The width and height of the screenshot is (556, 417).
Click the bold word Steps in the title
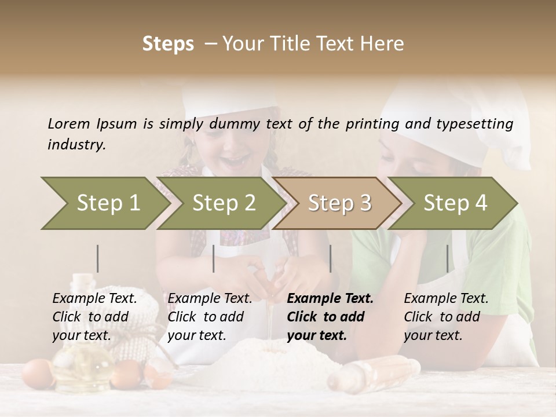tap(168, 44)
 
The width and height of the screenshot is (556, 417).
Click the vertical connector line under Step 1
tap(98, 258)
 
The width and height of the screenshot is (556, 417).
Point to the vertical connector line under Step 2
tap(214, 258)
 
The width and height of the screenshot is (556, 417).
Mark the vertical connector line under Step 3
tap(330, 258)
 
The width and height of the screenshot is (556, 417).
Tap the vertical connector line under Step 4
tap(447, 258)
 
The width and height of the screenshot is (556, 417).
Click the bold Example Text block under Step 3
tap(330, 317)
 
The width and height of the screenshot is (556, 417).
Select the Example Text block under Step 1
tap(94, 317)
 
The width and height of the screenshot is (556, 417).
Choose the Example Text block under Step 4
tap(446, 317)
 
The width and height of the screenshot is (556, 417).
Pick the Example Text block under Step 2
tap(210, 317)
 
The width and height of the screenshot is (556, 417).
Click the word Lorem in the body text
tap(68, 124)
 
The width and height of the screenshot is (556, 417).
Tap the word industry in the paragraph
tap(76, 145)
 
